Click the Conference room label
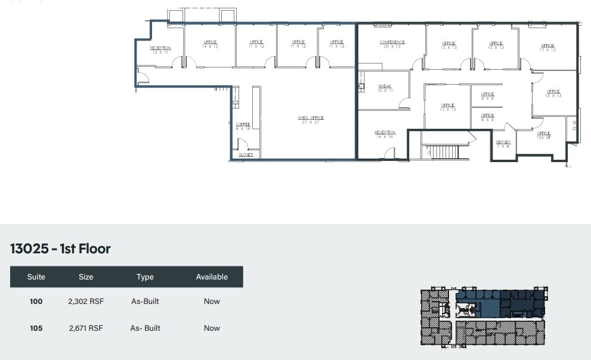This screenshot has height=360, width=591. point(392,44)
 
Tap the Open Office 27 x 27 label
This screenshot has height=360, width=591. point(311,120)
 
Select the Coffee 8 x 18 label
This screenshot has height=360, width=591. point(243,126)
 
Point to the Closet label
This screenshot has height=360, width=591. point(246,155)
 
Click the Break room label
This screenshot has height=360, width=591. point(385,89)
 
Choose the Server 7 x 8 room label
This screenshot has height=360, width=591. point(503,144)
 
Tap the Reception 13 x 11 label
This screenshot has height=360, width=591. point(160,50)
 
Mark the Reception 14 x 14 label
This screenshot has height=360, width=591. point(385,135)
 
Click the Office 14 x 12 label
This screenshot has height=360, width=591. point(210,44)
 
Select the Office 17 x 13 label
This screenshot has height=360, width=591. point(547,48)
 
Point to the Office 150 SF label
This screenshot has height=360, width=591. point(543,135)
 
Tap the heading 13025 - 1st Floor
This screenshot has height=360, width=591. point(60,249)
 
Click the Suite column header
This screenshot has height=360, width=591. point(36,277)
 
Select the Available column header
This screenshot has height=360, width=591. point(212,277)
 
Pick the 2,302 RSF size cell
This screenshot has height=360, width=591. point(86,302)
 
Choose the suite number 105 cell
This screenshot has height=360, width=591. point(36,328)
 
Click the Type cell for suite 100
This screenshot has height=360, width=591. point(145,302)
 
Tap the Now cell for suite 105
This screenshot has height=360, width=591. point(212,328)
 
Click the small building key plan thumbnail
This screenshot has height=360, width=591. point(484,317)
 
